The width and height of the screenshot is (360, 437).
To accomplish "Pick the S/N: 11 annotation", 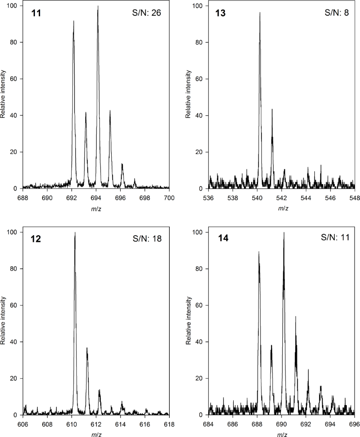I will tap(335, 238).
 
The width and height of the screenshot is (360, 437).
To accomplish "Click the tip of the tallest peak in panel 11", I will tap(98, 6).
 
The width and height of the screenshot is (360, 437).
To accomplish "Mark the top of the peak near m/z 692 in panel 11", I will tap(73, 21).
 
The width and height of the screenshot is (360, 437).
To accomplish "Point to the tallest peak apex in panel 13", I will tap(260, 12).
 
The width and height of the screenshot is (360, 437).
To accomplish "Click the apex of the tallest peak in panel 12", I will tap(75, 233).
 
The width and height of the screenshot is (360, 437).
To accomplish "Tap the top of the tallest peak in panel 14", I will tap(284, 233).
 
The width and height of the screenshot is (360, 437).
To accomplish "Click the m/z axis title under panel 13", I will tap(283, 208).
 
